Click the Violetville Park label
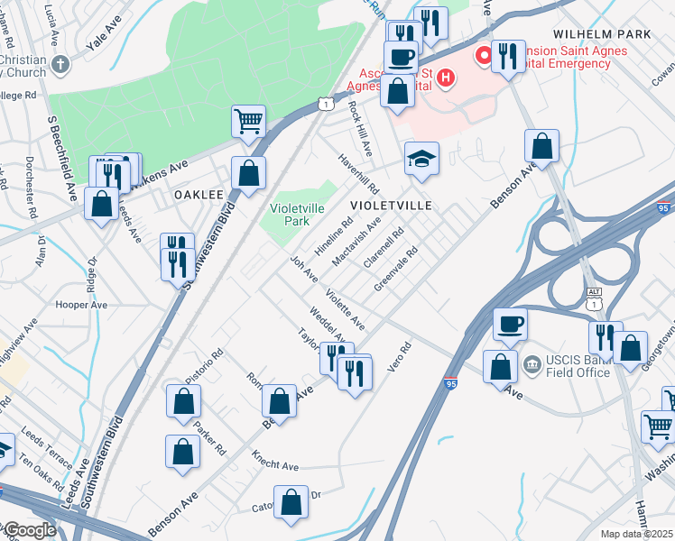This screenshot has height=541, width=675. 297,214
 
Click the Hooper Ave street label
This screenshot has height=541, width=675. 81,305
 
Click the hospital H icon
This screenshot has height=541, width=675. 444,79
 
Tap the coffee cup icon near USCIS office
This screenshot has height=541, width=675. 509,324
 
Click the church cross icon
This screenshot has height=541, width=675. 60,65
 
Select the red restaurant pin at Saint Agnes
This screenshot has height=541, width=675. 484,56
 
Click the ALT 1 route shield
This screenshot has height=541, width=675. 593,298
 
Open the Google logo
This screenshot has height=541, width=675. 30,530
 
